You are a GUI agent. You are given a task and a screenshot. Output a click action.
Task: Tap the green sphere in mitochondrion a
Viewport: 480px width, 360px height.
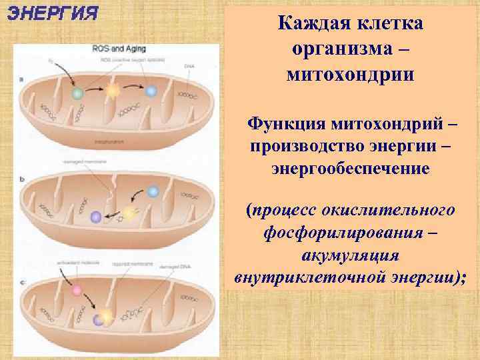tap(77, 95)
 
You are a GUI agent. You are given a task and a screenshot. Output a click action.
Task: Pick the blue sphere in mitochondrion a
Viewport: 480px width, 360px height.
tap(151, 91)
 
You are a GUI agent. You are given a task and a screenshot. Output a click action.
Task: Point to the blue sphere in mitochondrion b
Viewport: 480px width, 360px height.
tap(153, 191)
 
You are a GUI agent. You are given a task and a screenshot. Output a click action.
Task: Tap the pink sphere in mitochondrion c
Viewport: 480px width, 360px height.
tap(77, 291)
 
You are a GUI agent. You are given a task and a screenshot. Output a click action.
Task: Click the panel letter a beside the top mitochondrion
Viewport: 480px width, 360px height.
tap(22, 78)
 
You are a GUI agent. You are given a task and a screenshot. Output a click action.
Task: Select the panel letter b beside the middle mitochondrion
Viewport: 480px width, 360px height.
tap(22, 179)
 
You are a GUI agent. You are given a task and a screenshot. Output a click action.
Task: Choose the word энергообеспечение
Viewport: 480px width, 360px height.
tap(350, 169)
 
